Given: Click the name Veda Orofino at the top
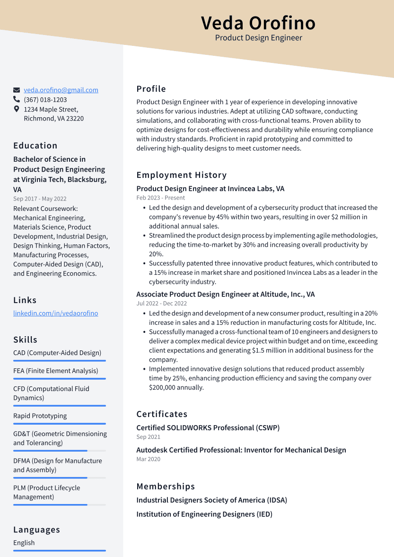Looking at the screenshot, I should [x=258, y=23].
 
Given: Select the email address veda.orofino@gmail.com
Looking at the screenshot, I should [x=61, y=90].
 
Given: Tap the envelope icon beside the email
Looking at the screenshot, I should [x=17, y=90].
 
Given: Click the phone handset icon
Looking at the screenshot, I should [x=17, y=100].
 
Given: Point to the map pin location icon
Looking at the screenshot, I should [x=17, y=109].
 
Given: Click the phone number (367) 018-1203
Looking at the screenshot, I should [x=45, y=100].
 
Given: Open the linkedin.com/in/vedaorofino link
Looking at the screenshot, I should [x=55, y=313].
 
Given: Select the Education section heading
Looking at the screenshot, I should [x=35, y=146].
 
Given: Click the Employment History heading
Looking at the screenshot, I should [x=182, y=175].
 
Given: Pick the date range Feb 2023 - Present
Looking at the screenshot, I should [x=160, y=198].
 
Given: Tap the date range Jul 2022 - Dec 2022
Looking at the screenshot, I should [x=161, y=304].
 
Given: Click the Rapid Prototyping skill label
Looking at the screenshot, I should [x=40, y=416].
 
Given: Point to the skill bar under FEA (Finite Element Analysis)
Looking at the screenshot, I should [x=59, y=379].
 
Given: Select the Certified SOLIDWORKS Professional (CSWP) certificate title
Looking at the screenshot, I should [x=208, y=427].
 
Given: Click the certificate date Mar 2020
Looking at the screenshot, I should [x=148, y=459].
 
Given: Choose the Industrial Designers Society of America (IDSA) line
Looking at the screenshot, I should [x=211, y=500].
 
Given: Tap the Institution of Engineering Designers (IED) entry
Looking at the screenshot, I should [x=204, y=514].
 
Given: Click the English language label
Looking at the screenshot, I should [x=24, y=543].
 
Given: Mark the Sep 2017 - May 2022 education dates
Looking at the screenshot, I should [x=40, y=199].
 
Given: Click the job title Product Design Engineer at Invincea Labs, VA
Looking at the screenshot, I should [x=210, y=189].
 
